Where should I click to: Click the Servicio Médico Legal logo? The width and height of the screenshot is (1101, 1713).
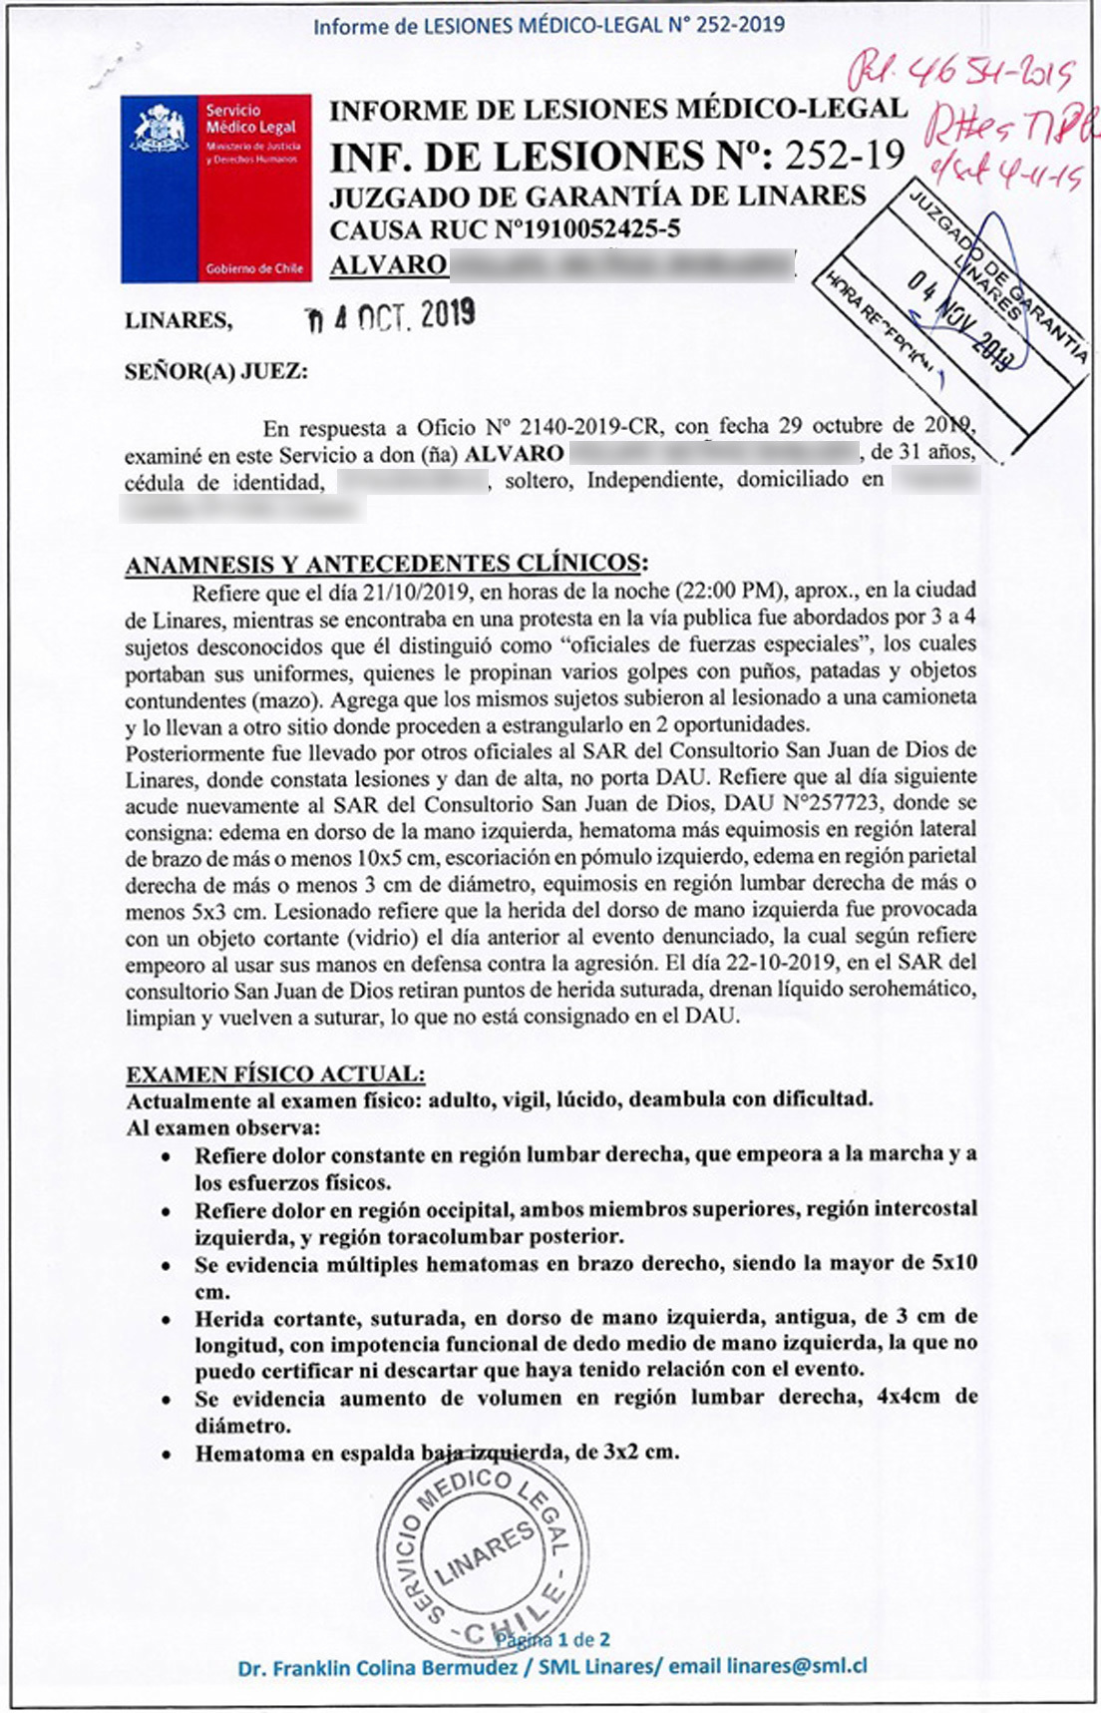coord(216,189)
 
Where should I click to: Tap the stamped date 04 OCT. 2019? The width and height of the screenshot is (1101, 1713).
coord(390,316)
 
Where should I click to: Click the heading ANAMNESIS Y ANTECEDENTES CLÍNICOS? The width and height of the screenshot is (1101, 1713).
coord(386,564)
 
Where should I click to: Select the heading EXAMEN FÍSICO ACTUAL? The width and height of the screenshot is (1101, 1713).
coord(275,1073)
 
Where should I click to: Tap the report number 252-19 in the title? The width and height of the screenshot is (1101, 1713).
coord(844,155)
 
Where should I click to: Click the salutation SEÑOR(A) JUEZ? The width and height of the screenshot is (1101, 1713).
coord(215,372)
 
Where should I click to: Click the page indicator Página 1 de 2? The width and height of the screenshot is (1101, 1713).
coord(554,1639)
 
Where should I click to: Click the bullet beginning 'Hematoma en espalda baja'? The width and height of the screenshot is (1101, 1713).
coord(437,1453)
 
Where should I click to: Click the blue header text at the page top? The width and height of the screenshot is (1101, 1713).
coord(549,25)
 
